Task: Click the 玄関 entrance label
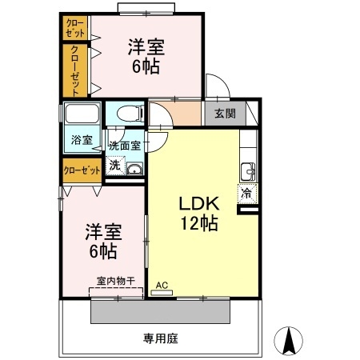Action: (225, 114)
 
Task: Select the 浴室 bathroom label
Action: (82, 140)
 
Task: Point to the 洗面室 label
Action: (124, 146)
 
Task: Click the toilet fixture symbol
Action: (126, 113)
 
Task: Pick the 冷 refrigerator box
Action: (246, 192)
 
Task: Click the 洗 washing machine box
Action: (115, 166)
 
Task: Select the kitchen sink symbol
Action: (247, 171)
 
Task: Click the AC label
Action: (161, 284)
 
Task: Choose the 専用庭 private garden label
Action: (160, 338)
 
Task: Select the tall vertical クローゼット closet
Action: (75, 70)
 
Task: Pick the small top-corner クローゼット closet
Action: (75, 27)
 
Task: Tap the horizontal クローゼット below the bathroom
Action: (82, 170)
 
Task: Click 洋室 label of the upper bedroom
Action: (146, 46)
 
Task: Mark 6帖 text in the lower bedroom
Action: (103, 251)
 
